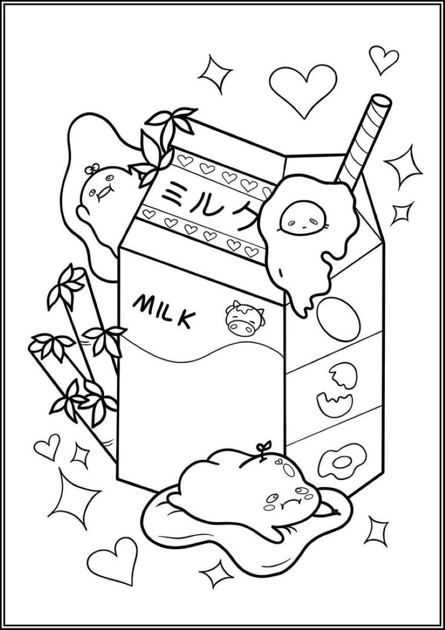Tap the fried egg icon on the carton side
tap(342, 462)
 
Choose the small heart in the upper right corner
tap(384, 60)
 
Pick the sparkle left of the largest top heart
tap(215, 74)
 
